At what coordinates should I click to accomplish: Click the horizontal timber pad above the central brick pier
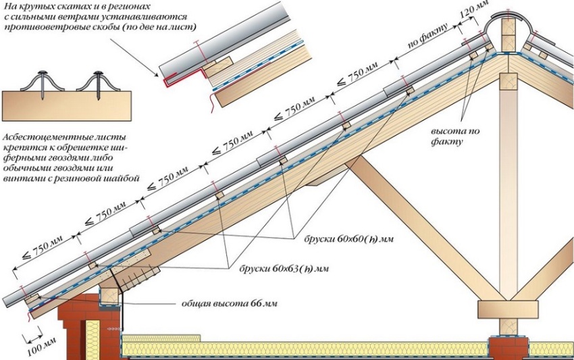508,309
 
